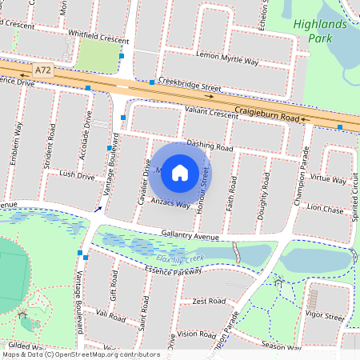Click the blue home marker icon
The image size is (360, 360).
[x=180, y=172]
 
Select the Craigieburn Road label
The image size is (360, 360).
[x=267, y=113]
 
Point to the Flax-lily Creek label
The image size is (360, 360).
[x=181, y=258]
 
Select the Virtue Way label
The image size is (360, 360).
[x=328, y=178]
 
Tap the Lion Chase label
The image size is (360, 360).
[x=325, y=209]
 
